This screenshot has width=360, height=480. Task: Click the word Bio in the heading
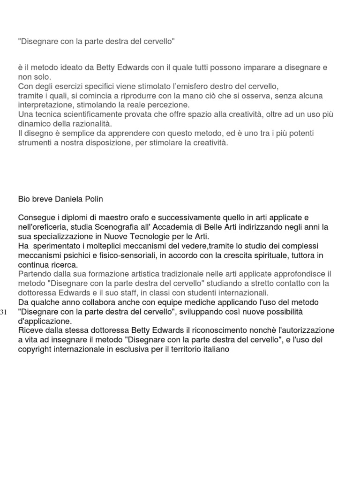click(x=24, y=199)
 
